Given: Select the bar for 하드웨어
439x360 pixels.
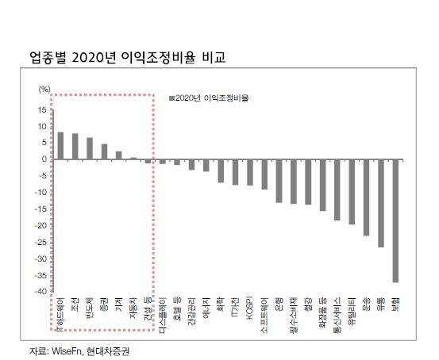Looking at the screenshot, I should [x=60, y=145].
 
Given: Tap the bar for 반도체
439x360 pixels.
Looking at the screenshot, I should [x=90, y=148].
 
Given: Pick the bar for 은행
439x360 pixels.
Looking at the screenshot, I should [x=279, y=181].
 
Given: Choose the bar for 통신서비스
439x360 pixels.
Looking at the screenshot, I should [x=337, y=190].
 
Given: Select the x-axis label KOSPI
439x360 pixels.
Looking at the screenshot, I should [x=249, y=307].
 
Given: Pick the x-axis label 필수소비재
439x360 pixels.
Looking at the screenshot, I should [x=293, y=312].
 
